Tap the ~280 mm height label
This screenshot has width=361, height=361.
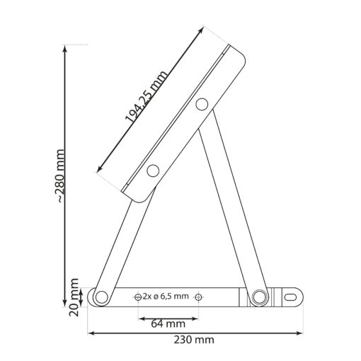coord(61,176)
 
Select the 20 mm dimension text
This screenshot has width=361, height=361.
coord(74,297)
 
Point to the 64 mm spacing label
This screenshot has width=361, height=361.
coord(168,323)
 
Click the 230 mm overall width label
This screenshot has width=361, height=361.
coord(194,340)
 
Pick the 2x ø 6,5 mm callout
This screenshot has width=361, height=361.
coord(166,296)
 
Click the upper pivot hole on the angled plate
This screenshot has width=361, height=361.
coord(202,104)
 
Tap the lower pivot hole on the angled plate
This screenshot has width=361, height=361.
coord(153,171)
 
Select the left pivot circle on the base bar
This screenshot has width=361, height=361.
coord(102,297)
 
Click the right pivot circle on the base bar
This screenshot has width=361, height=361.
coord(258,296)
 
